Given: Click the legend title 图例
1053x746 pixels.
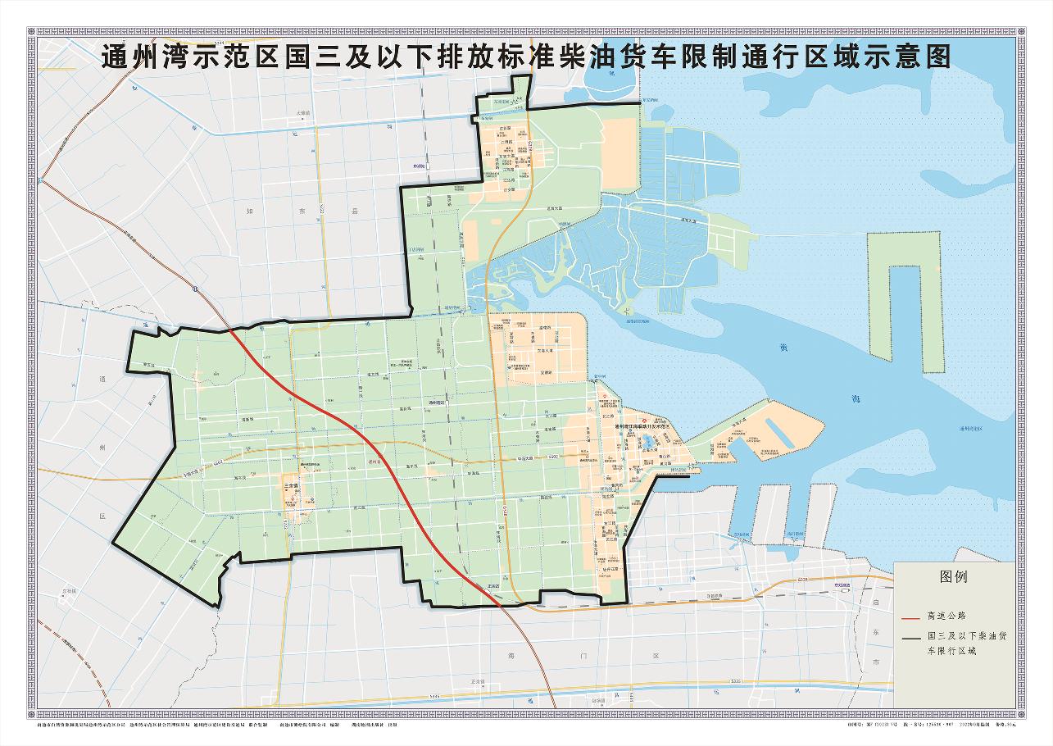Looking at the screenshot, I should click(x=953, y=576).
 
